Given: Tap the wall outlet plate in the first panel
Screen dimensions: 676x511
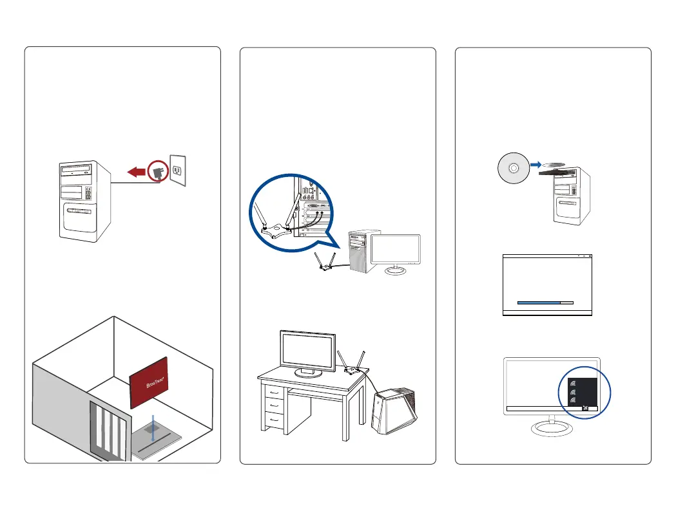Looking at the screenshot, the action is (x=177, y=170).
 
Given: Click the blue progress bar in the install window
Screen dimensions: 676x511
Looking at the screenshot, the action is (x=539, y=301).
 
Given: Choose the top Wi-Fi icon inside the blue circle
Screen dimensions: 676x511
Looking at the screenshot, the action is (x=572, y=381).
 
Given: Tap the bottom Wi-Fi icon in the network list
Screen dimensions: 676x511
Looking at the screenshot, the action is (x=572, y=400).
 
